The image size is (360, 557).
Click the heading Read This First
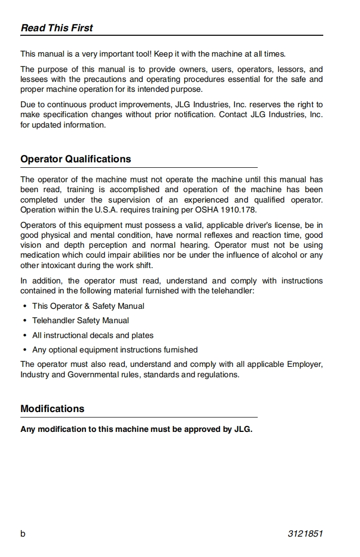57,28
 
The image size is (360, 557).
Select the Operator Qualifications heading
75,159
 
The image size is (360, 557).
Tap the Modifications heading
52,409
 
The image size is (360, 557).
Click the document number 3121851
305,534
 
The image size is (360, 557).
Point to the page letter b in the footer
23,534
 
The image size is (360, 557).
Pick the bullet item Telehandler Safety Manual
80,321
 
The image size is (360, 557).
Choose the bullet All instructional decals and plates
93,335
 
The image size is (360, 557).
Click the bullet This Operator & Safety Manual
88,306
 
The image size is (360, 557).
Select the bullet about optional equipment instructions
115,349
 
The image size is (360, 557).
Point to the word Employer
304,364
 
